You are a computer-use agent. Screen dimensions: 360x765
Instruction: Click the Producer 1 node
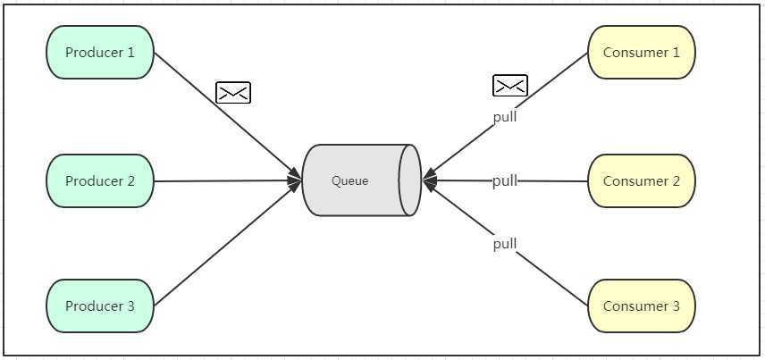point(100,52)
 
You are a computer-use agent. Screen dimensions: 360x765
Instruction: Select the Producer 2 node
point(100,180)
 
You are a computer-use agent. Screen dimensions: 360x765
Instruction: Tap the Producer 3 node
point(100,306)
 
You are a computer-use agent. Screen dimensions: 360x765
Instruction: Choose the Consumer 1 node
point(642,52)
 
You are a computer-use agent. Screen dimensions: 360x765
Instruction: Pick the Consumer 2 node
point(642,180)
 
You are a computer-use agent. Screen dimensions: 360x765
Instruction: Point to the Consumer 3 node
point(642,306)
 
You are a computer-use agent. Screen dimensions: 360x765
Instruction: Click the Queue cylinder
point(357,180)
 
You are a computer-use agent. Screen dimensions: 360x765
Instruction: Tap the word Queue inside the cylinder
point(349,180)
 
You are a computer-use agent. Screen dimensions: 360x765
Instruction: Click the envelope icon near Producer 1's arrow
point(233,92)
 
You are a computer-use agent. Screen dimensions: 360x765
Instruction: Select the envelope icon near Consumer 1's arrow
point(510,86)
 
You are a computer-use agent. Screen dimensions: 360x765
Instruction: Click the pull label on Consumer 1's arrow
point(505,116)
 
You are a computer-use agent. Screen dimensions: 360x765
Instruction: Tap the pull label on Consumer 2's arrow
point(505,180)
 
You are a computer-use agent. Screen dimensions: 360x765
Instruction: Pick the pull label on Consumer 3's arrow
point(505,244)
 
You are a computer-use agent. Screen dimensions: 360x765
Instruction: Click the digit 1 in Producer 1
point(130,52)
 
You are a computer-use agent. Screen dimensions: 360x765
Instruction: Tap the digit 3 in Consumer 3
point(676,306)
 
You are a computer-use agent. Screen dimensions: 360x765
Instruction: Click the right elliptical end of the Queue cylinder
point(410,180)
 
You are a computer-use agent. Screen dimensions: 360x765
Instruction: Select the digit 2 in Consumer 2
point(676,180)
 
